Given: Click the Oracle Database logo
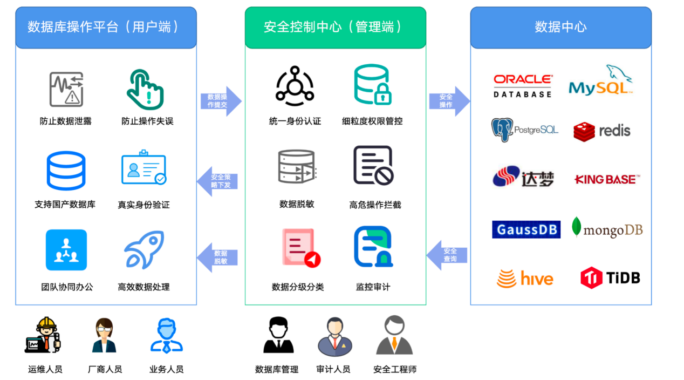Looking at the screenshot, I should click(x=522, y=86).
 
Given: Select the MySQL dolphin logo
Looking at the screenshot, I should click(x=600, y=82).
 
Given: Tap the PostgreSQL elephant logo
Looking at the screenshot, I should click(x=524, y=130).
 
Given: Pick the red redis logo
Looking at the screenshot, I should click(x=601, y=131).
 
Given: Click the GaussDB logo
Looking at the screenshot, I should click(x=526, y=229).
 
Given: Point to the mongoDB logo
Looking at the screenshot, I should click(x=607, y=229).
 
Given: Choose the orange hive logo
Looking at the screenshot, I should click(x=524, y=279).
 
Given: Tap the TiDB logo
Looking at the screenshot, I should click(x=610, y=277).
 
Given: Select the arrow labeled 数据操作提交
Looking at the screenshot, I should click(x=220, y=101).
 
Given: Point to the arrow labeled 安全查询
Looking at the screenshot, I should click(x=448, y=255).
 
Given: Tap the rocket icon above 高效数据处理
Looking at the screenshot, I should click(x=144, y=250).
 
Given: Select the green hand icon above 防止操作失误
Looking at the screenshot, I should click(x=145, y=89).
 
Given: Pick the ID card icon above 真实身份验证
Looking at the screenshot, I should click(x=143, y=168).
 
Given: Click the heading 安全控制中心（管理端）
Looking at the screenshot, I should click(x=335, y=27).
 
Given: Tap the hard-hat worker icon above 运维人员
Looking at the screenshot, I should click(x=44, y=335).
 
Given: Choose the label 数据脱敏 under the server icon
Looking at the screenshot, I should click(x=297, y=204).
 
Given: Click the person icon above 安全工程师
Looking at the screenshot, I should click(x=394, y=335).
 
